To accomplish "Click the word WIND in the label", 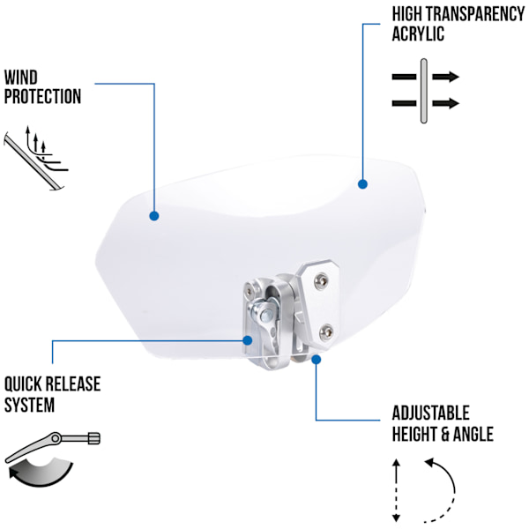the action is pos(21,78).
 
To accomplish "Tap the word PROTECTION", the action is pos(42,96).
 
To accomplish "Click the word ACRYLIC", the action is pos(418,34).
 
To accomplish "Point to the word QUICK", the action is pos(23,384).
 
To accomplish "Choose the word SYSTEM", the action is pos(29,405).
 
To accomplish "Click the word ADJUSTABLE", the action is pos(431,413).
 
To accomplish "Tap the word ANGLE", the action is pos(473,434).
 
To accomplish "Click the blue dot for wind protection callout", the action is pos(154,216).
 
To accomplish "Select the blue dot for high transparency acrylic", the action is pos(362,184).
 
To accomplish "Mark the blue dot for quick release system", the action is pos(248,340).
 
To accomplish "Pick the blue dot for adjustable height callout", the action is pos(317,360).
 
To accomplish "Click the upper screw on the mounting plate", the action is pos(321,282).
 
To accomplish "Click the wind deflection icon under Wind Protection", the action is pos(36,158).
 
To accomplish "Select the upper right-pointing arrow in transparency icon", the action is pos(445,77).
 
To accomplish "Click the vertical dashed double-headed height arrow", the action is pos(397,490).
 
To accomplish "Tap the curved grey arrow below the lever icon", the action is pos(41,473).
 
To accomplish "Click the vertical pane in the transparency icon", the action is pos(424,91).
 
